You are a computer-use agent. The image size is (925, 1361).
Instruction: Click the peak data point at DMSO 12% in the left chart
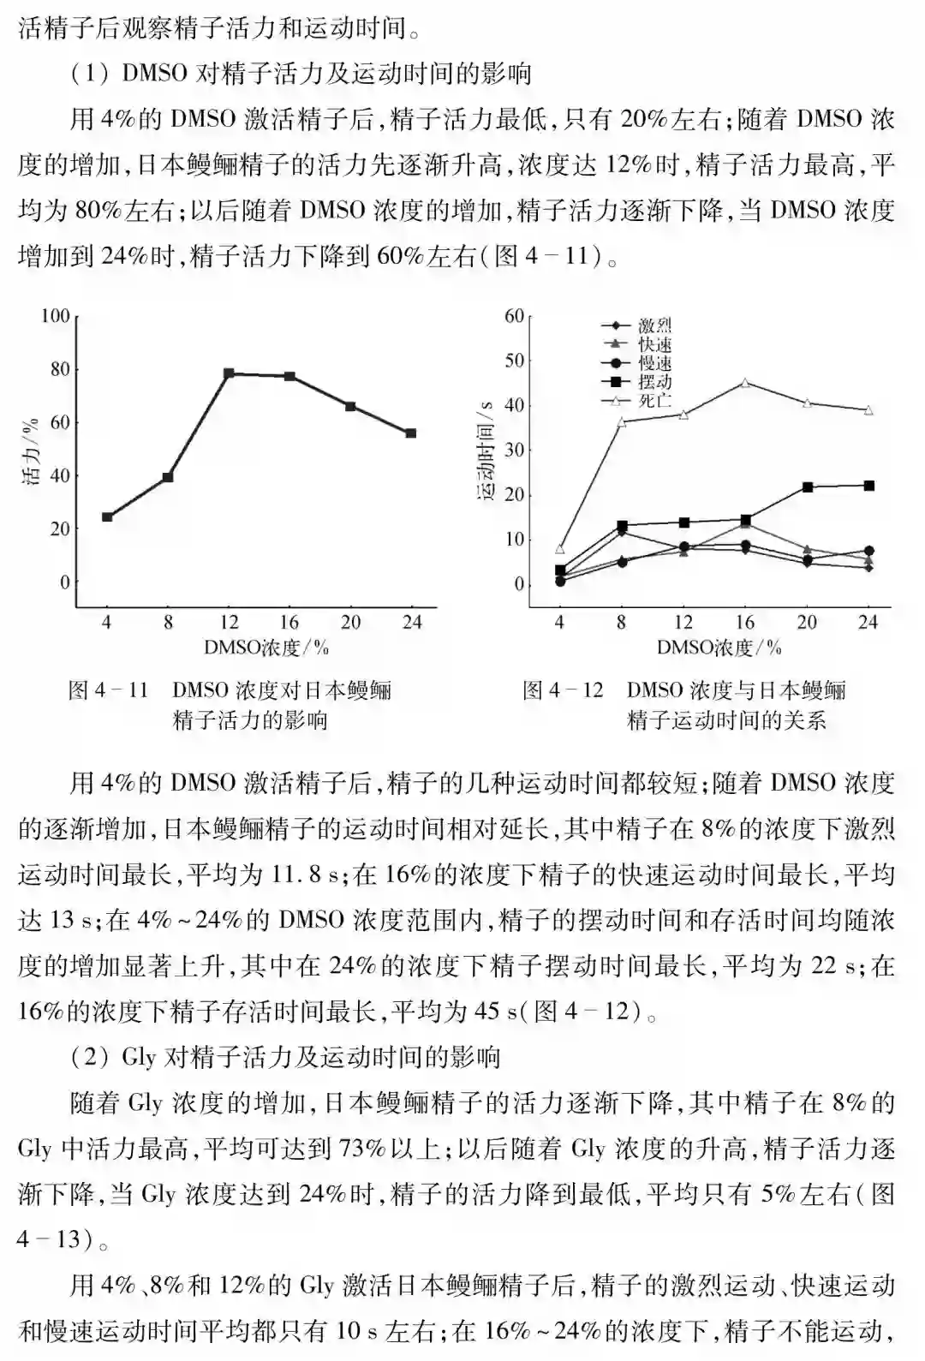(229, 373)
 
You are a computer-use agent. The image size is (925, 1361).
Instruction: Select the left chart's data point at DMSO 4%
(107, 516)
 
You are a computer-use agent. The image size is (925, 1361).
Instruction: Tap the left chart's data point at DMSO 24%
(411, 433)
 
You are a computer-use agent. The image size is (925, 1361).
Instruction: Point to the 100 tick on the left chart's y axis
(56, 316)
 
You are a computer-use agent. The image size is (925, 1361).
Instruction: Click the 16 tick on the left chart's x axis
(289, 622)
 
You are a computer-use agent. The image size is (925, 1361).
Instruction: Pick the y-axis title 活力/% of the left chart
(32, 451)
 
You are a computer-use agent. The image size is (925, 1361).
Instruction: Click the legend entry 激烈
(654, 326)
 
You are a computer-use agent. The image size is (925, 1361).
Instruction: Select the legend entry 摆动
(654, 382)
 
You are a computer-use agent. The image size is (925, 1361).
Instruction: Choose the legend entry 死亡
(654, 401)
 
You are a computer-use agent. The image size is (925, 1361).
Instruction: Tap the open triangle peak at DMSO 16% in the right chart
(745, 383)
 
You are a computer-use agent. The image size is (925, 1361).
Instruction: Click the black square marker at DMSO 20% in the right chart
(807, 487)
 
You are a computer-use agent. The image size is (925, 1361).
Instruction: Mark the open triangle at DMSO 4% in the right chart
(560, 549)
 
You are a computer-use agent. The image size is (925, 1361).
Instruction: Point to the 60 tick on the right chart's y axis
(514, 316)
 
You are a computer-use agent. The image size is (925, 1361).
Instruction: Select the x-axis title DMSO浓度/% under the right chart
(719, 648)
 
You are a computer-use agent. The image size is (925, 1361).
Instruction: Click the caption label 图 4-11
(108, 690)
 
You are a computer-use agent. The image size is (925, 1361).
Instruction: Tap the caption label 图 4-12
(563, 690)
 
